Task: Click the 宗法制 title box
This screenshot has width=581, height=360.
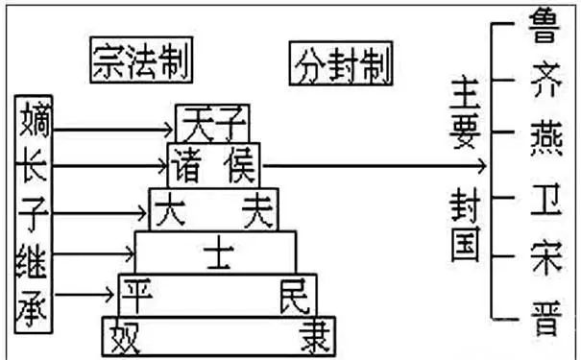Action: [138, 60]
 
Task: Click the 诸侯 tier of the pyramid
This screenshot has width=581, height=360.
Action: [213, 165]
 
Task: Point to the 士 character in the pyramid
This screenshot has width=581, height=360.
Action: [214, 252]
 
